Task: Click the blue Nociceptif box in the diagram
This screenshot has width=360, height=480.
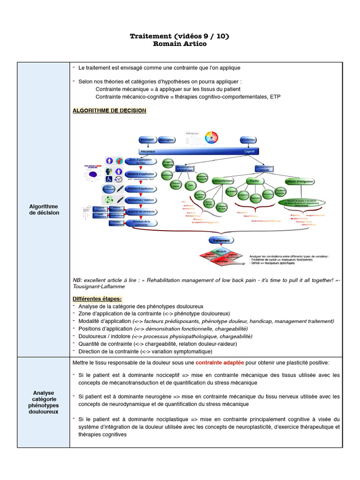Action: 148,140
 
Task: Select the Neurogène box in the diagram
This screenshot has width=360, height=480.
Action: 166,140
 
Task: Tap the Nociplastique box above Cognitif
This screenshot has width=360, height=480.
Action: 248,140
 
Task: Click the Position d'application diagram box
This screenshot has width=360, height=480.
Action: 140,188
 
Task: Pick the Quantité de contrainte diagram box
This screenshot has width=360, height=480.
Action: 140,211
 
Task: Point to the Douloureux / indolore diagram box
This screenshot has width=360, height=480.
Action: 140,200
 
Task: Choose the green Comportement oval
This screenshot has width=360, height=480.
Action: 223,180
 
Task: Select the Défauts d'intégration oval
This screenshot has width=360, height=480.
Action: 300,181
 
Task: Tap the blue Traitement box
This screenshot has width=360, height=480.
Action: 221,240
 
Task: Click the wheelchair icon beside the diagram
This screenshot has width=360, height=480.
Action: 108,179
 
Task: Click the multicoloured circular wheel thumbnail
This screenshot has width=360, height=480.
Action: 212,137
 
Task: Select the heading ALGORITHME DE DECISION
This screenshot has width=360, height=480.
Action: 109,111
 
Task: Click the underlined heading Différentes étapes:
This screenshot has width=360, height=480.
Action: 97,299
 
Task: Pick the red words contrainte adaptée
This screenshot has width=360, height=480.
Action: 219,363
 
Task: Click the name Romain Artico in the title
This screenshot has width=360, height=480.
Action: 180,44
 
